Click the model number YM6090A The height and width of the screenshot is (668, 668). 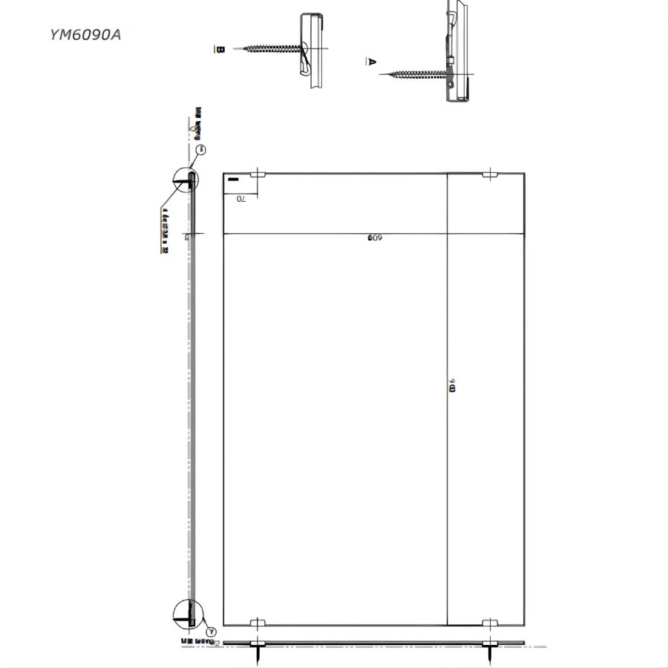point(85,34)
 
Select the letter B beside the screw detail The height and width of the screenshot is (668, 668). point(220,49)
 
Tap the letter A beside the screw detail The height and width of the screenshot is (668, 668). point(372,62)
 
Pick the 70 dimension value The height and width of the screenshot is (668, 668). point(241,199)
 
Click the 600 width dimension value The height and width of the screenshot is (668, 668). point(374,238)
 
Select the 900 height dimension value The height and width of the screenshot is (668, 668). point(452,386)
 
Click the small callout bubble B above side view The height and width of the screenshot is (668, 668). point(200,150)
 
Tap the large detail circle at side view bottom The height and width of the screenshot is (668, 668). point(186,613)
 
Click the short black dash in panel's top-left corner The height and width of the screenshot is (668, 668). point(233,180)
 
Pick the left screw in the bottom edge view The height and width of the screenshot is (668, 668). point(258,653)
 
